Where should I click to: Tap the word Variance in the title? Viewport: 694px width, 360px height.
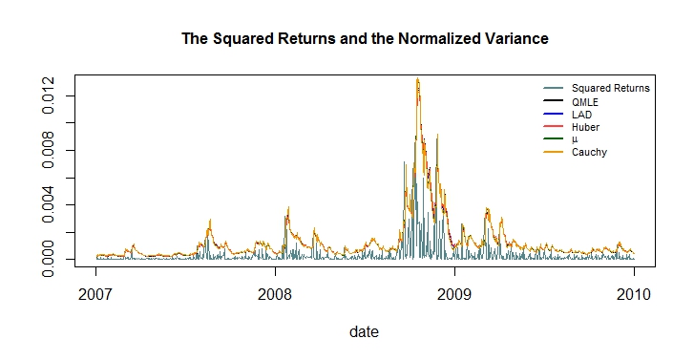tap(516, 39)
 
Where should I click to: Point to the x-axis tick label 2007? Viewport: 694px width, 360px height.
tap(95, 294)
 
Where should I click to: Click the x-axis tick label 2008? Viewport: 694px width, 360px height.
tap(275, 294)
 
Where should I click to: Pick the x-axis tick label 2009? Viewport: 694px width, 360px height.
tap(454, 294)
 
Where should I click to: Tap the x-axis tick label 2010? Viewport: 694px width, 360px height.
tap(634, 294)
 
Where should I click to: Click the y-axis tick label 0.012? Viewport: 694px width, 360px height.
tap(48, 95)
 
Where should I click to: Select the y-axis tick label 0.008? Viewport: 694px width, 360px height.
tap(48, 150)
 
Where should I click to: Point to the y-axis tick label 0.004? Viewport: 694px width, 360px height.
tap(48, 204)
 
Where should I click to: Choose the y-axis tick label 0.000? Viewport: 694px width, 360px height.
tap(48, 259)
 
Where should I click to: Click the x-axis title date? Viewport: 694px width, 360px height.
tap(364, 331)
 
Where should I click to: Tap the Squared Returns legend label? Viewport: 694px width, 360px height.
tap(610, 89)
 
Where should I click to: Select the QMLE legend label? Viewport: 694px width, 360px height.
tap(584, 102)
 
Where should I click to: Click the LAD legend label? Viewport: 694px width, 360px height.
tap(581, 115)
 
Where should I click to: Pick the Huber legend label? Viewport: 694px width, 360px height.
tap(585, 127)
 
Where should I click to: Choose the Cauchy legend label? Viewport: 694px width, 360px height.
tap(589, 153)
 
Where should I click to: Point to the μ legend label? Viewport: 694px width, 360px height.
tap(575, 139)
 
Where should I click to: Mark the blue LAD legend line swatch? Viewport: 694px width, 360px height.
tap(554, 115)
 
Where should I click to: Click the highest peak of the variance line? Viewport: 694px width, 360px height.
tap(417, 78)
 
